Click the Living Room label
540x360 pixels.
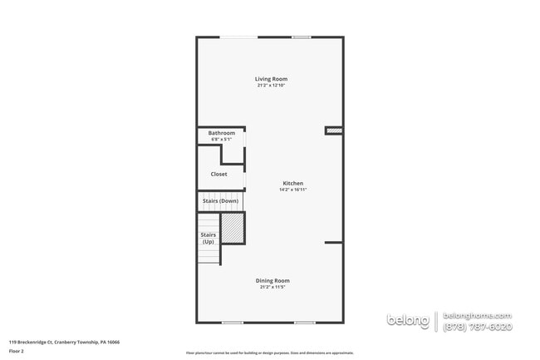click(271, 79)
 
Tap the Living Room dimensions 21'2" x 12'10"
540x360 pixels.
click(271, 86)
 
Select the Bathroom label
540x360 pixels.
click(221, 133)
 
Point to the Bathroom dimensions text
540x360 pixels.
click(221, 140)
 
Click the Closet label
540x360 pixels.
click(218, 174)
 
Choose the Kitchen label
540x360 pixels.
click(293, 183)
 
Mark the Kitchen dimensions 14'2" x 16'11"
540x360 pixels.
click(293, 190)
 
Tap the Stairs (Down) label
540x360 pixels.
click(220, 201)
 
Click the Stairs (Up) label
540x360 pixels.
click(209, 238)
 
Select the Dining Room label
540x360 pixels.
click(272, 280)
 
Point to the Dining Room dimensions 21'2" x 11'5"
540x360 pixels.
click(272, 287)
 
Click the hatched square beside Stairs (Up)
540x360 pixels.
click(232, 228)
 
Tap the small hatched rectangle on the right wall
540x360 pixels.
click(334, 130)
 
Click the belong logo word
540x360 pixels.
click(409, 321)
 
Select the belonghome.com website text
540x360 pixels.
click(478, 316)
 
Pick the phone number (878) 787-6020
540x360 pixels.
click(478, 327)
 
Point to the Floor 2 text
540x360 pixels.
click(17, 351)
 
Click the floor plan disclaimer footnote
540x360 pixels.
click(269, 353)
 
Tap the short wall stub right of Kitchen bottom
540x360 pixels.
click(334, 242)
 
